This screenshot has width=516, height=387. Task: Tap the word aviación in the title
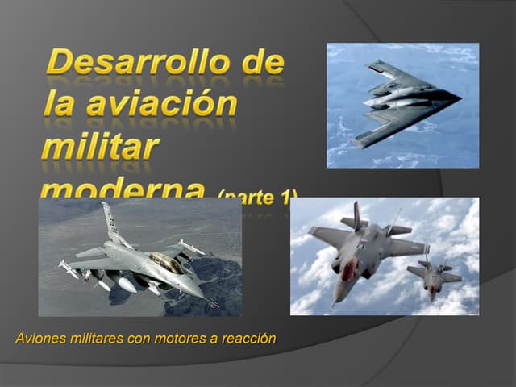[157, 105]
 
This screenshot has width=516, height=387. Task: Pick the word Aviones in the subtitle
[40, 338]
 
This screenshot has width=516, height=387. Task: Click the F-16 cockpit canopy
[166, 262]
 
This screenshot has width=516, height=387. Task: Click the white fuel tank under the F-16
[126, 284]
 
